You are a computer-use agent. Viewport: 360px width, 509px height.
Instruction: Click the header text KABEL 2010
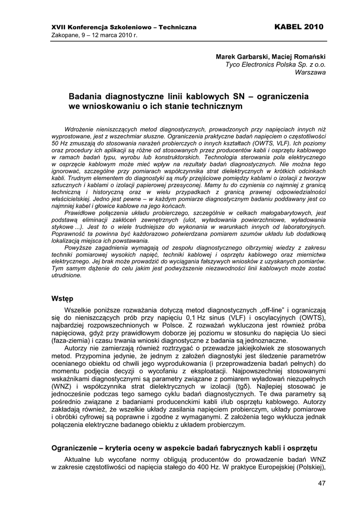[x=298, y=26]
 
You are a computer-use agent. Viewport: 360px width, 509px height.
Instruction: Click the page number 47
[x=321, y=483]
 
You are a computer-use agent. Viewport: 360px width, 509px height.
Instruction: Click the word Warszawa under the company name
[x=310, y=72]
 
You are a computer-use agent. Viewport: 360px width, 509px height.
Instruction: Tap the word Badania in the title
[x=85, y=96]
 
